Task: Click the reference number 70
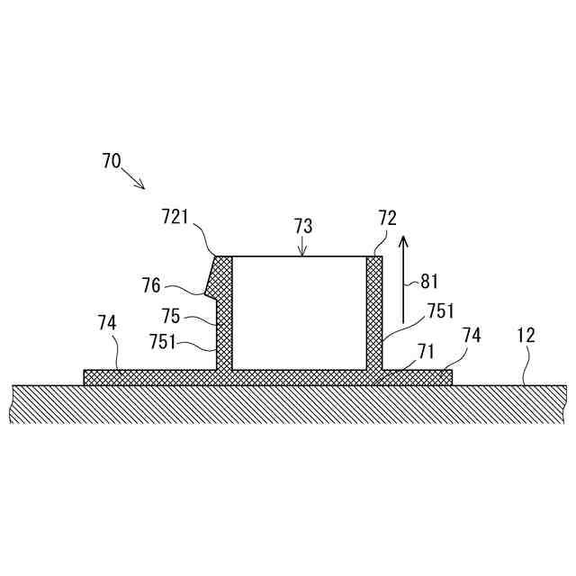click(x=112, y=161)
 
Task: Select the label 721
click(x=177, y=217)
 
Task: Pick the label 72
click(x=387, y=217)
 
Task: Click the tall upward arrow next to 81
click(x=404, y=279)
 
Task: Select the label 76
click(x=150, y=285)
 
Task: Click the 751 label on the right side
click(x=440, y=311)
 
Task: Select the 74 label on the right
click(x=472, y=335)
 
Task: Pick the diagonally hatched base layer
click(x=288, y=404)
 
